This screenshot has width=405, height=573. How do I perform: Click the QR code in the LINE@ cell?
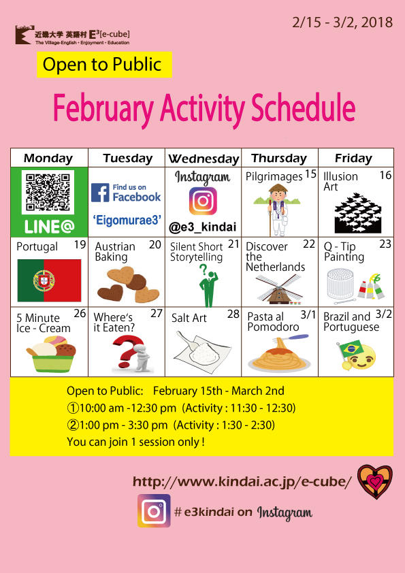48,192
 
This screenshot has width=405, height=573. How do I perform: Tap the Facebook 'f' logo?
100,193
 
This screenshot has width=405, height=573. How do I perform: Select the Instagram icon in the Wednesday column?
203,201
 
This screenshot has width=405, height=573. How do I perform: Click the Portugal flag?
49,280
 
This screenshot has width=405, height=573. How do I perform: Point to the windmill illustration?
279,289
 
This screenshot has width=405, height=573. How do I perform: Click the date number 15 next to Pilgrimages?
310,174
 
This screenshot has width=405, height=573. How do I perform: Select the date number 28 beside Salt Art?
233,314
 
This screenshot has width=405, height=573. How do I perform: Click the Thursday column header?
279,159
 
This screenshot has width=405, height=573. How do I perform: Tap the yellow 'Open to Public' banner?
104,65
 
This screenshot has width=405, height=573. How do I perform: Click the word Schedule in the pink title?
304,108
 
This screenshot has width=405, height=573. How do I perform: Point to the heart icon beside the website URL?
375,482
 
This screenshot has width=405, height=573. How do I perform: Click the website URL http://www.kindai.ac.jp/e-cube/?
242,482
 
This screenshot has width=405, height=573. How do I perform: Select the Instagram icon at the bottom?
154,511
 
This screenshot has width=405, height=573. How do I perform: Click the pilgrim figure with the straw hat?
278,210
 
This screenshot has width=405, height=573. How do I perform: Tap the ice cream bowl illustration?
51,354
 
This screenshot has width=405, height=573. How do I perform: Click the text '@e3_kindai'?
203,227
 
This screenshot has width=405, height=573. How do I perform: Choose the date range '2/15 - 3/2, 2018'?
342,22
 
